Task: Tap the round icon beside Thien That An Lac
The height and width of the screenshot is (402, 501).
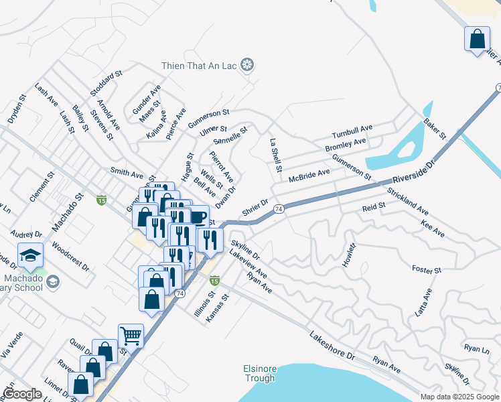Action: [248, 65]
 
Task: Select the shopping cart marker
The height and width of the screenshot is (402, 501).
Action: [131, 336]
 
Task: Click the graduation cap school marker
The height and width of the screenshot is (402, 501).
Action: [30, 255]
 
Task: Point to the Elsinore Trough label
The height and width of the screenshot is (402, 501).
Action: [259, 373]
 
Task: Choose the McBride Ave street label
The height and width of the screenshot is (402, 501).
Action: [309, 176]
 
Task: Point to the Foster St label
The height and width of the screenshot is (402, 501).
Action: [427, 270]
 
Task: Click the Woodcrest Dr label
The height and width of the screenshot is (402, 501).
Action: [70, 256]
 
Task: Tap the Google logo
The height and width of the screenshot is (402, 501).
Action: [23, 394]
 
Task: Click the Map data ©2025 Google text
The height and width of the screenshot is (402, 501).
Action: [459, 397]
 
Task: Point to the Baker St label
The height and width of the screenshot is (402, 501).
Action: [435, 130]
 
